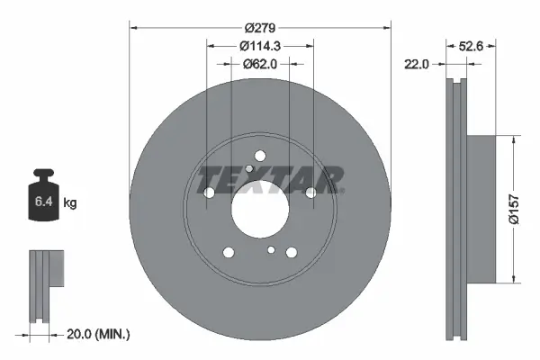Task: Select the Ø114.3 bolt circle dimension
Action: point(260,46)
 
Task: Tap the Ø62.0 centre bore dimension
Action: point(260,64)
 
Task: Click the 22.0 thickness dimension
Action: point(415,64)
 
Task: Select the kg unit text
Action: point(70,203)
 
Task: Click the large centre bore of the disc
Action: point(260,214)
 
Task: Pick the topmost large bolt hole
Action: point(259,155)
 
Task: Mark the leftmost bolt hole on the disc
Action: point(210,193)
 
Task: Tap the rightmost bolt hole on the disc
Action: point(310,193)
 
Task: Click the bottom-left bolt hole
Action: point(229,252)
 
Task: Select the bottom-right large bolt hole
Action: point(292,253)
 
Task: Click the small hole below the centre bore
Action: point(271,249)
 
